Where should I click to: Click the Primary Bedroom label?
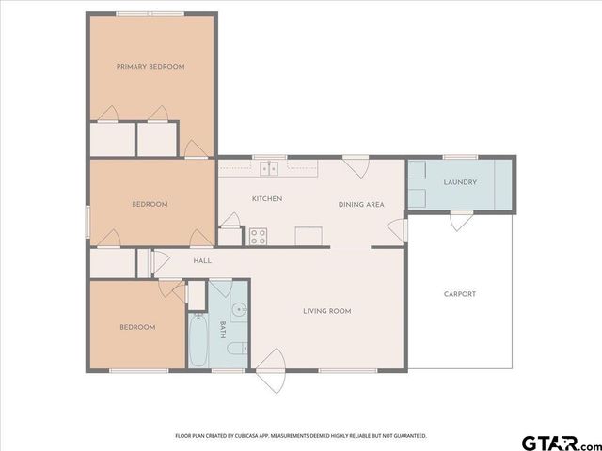tap(150, 67)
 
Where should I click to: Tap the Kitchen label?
tap(267, 198)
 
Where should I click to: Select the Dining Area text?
tap(361, 204)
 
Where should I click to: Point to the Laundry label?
tap(460, 182)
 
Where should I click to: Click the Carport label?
tap(460, 294)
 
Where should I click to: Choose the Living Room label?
tap(326, 311)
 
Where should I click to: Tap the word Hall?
tap(202, 261)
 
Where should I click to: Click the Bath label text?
tap(223, 328)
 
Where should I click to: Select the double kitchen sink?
tap(269, 168)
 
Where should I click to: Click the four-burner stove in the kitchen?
tap(257, 236)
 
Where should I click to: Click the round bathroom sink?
tap(239, 308)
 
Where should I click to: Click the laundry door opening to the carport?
tap(460, 221)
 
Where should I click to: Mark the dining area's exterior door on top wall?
tap(356, 166)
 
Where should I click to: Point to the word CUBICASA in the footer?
tap(240, 436)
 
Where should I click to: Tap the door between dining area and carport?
tap(399, 228)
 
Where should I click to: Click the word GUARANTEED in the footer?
tap(410, 436)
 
